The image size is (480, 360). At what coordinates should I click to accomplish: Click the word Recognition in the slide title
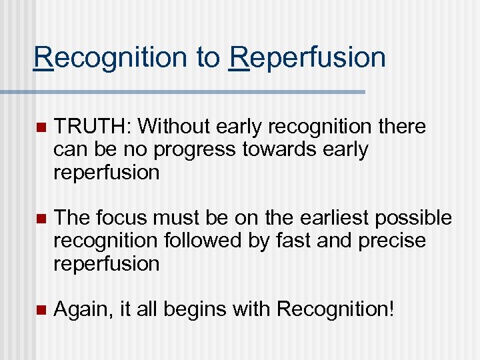tap(111, 58)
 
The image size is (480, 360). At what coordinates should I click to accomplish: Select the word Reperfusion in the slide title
tap(307, 58)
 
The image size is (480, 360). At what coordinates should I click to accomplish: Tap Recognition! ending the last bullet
tap(335, 309)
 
